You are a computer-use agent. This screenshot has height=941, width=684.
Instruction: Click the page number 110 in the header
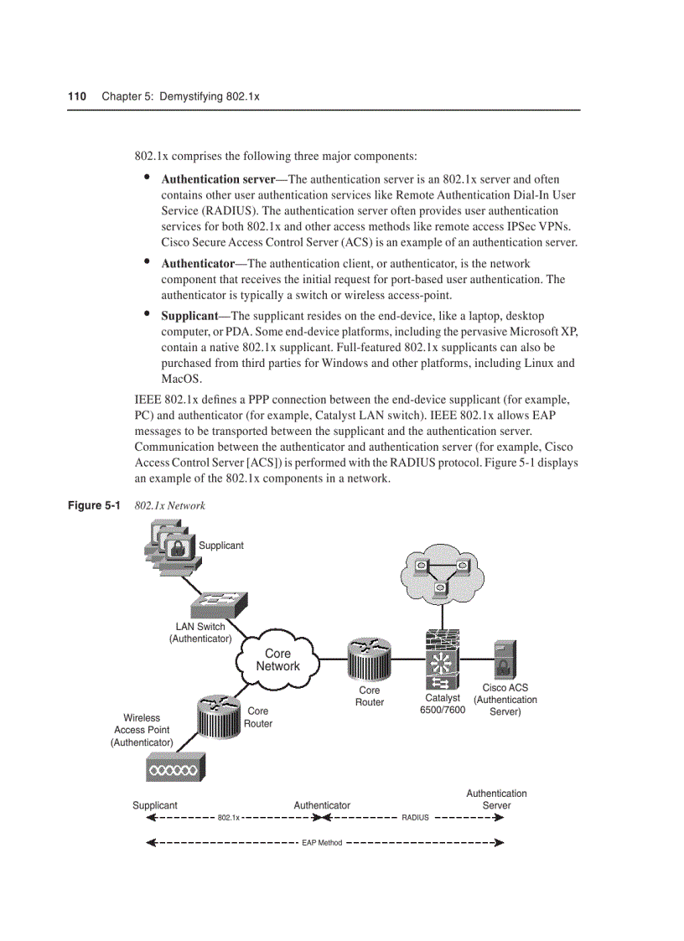77,96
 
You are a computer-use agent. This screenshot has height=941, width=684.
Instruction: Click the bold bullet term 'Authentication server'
218,179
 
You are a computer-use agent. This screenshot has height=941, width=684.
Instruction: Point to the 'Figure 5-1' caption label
94,505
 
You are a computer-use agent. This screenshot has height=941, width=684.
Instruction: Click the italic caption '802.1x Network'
170,505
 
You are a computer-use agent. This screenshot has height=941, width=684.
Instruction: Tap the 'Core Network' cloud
277,659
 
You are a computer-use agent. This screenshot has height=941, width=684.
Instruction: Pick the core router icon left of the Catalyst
368,659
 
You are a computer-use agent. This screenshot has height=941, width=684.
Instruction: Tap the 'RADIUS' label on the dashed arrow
415,817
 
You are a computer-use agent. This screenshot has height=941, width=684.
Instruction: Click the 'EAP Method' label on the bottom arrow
322,842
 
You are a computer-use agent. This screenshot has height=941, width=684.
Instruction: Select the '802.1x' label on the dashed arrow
228,817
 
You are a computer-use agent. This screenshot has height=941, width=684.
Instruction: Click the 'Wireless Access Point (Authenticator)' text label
142,730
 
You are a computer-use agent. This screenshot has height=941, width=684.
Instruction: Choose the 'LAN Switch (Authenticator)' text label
200,633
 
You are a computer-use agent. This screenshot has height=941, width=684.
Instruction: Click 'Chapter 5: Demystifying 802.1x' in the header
180,96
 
